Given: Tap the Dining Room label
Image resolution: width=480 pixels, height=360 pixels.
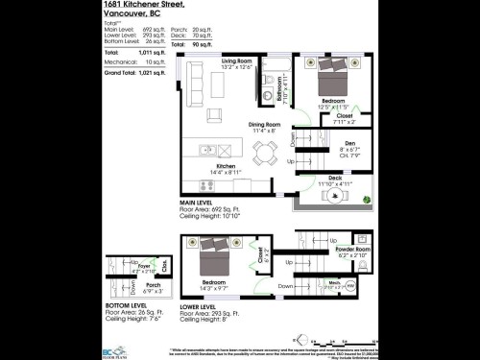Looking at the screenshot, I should coord(264,125).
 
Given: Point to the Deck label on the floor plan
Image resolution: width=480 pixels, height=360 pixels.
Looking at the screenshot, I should coord(335,179).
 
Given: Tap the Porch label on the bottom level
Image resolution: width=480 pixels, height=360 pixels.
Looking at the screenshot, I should coord(152,284).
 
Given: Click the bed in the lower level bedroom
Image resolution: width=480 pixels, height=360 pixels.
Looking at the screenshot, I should coord(214,260).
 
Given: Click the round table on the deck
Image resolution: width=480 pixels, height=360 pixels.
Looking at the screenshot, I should coord(335,197).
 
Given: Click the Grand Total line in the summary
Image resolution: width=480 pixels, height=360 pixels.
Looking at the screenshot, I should coord(132,72).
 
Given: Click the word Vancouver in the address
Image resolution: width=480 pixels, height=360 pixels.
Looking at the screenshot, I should coord(124,14).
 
